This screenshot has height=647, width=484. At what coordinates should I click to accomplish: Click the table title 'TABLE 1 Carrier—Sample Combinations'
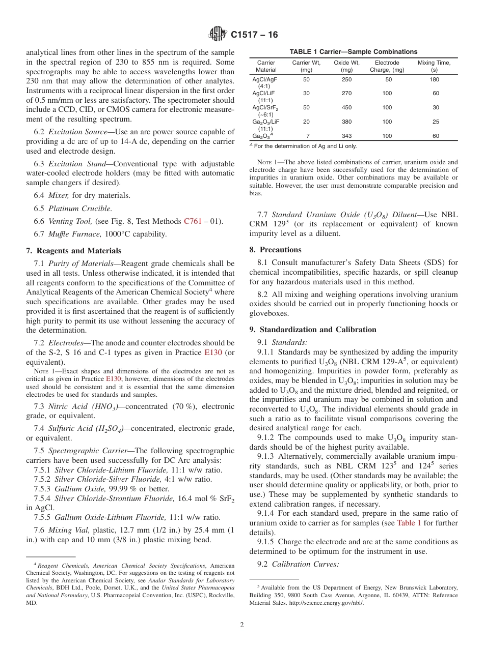tap(353, 51)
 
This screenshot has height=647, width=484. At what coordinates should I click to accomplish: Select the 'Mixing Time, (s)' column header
tap(434, 66)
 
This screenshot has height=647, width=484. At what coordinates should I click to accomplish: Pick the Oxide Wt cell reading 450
tap(346, 107)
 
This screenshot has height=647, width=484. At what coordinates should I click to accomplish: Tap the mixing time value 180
tap(434, 79)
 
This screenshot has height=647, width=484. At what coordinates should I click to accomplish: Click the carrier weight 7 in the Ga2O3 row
tap(307, 136)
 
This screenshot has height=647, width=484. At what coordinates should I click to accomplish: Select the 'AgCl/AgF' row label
tap(265, 79)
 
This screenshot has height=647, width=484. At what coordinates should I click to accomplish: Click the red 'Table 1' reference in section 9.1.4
tap(409, 523)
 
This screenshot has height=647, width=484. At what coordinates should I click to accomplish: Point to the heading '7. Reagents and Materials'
tap(74, 251)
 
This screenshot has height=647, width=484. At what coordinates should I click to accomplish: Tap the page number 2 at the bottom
tap(241, 625)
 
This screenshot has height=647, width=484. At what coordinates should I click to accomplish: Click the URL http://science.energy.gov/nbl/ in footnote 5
tap(326, 603)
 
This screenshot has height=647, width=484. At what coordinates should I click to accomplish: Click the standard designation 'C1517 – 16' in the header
tap(254, 35)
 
